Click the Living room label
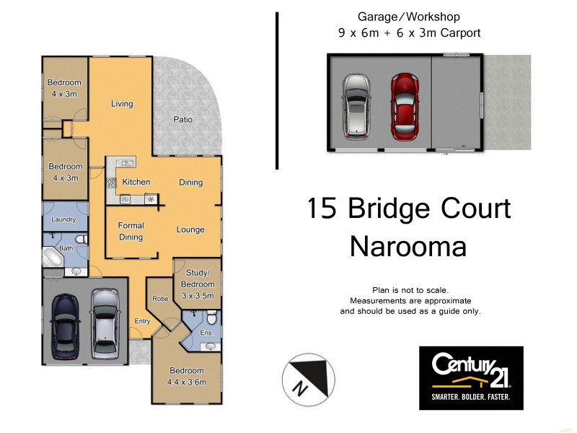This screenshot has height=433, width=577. click(122, 104)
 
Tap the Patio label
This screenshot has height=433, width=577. click(182, 120)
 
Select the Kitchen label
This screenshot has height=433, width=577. click(136, 182)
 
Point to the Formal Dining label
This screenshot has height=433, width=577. click(131, 231)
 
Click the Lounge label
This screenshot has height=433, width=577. click(190, 230)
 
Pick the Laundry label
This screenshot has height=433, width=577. click(63, 219)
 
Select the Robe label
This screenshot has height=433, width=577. click(160, 298)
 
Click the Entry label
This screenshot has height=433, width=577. click(142, 321)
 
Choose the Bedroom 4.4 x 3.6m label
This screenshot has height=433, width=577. click(186, 377)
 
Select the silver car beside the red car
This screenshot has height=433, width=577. click(356, 106)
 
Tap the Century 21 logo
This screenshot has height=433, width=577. click(471, 378)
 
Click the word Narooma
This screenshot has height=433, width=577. click(408, 246)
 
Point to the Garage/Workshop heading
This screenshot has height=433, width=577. click(409, 17)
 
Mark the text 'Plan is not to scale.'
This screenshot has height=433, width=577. click(410, 289)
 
